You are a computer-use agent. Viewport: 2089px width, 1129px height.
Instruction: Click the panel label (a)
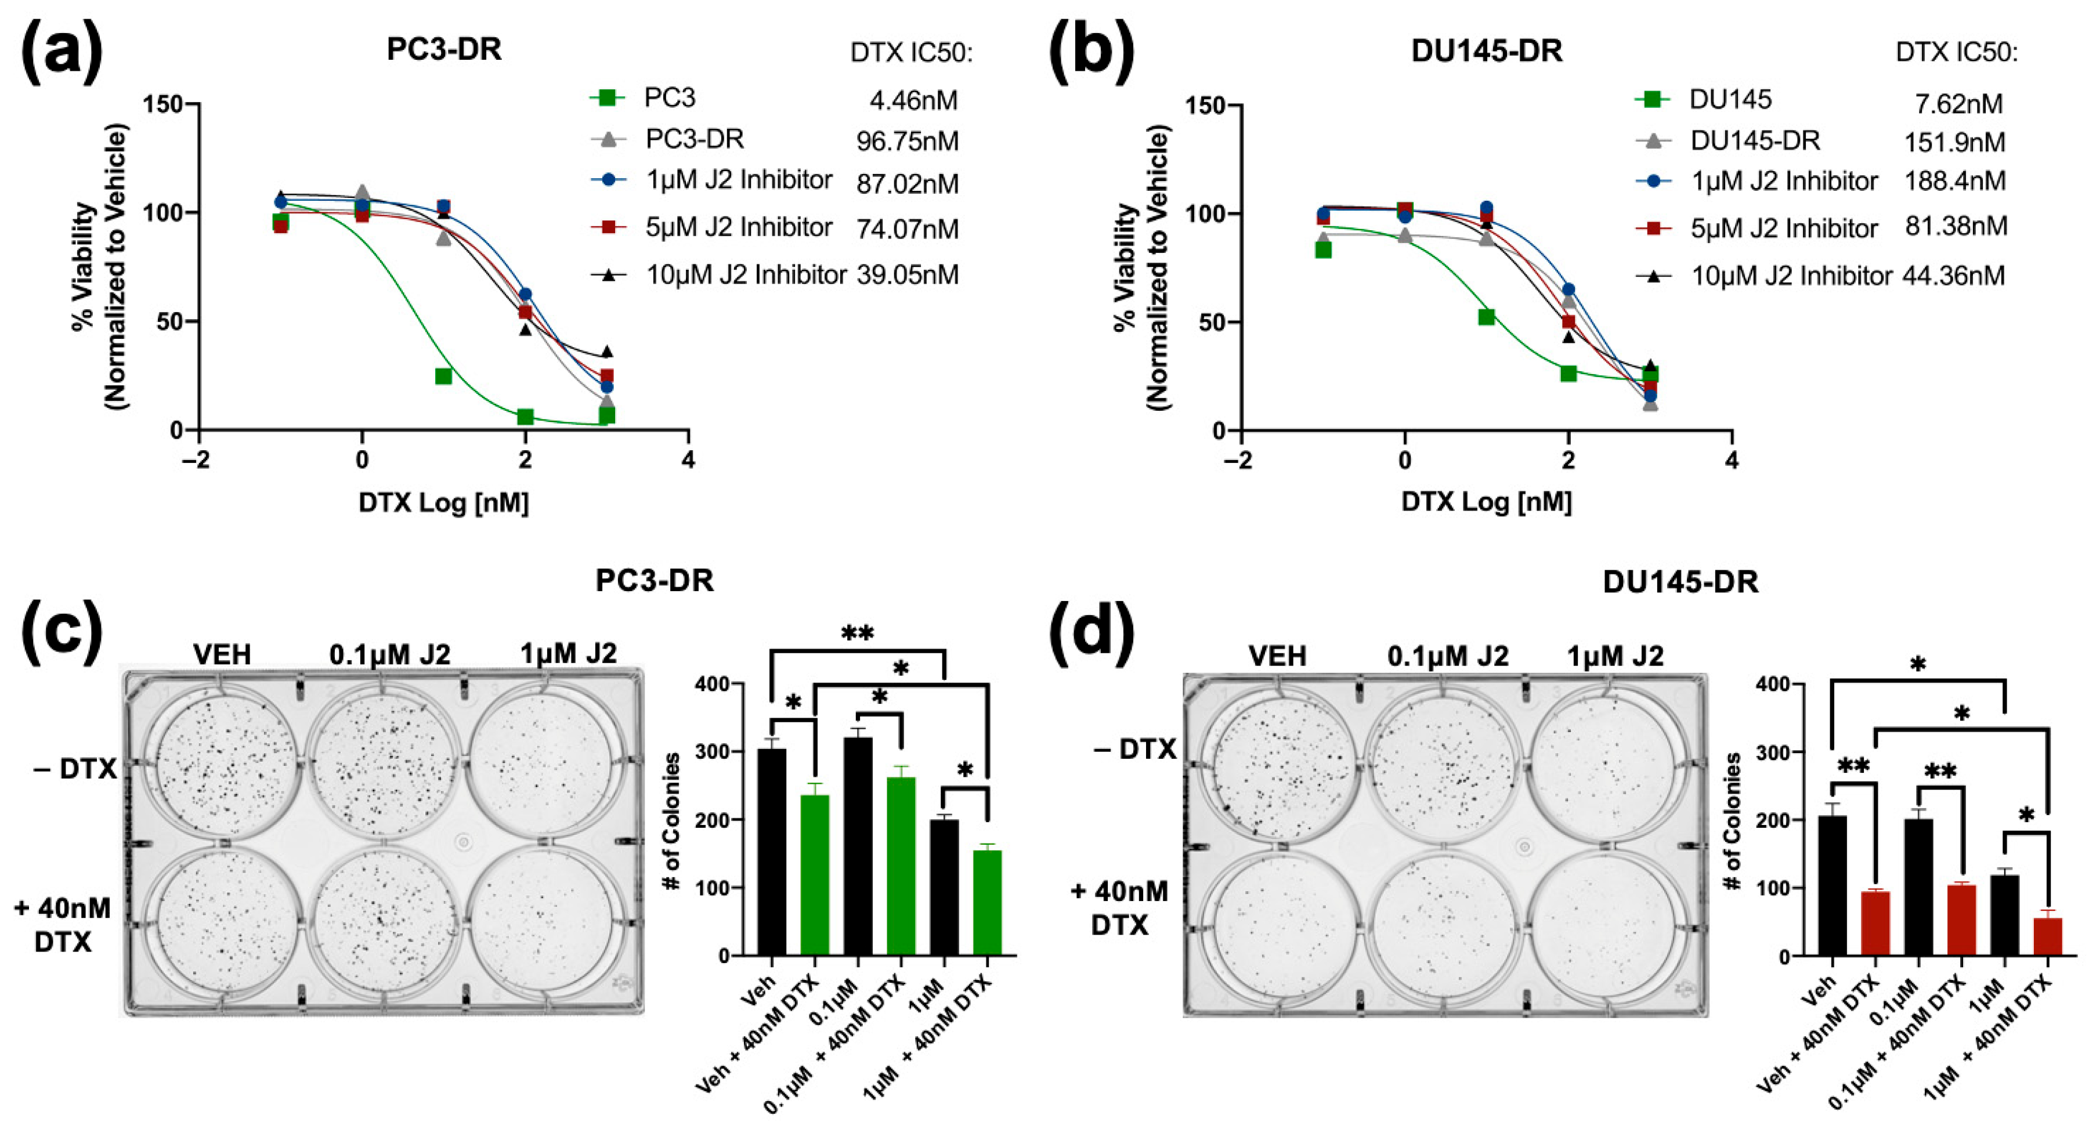62,50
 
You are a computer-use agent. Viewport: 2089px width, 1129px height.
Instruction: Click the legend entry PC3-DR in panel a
694,139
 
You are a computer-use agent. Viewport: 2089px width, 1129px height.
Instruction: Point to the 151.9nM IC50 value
1954,143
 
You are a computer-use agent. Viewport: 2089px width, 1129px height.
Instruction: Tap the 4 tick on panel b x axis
1732,461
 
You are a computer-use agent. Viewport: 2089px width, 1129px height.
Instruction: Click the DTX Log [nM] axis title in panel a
443,503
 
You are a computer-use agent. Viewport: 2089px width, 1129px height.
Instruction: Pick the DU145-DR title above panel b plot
1487,51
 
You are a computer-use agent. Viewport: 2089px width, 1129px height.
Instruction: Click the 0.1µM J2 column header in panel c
390,654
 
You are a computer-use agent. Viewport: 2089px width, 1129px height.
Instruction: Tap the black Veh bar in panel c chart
771,852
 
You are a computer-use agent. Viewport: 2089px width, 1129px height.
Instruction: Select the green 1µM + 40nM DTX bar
987,902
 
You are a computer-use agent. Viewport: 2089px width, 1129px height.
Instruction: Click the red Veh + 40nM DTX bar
1875,923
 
